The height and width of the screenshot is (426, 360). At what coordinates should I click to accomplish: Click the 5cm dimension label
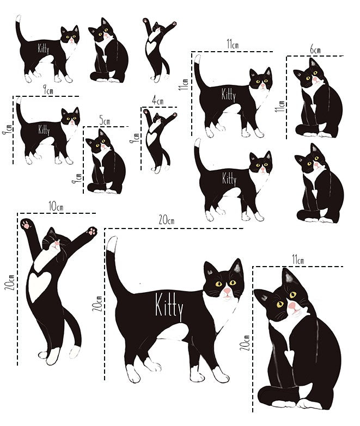[105, 120]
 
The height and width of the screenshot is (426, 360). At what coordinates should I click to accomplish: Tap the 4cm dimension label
[158, 101]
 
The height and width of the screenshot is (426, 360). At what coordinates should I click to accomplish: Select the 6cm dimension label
[315, 50]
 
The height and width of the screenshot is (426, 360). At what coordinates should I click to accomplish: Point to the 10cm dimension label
[56, 206]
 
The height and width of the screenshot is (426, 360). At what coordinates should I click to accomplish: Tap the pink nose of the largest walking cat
[227, 292]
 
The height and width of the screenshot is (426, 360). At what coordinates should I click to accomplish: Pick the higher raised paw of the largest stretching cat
[27, 224]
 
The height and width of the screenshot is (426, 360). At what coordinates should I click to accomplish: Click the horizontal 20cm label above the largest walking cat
[167, 220]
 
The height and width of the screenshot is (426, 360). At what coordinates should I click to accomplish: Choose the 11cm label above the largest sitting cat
[298, 260]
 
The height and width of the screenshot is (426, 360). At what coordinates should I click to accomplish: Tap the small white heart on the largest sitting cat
[288, 355]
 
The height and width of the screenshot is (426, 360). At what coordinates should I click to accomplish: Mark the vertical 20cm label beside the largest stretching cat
[9, 282]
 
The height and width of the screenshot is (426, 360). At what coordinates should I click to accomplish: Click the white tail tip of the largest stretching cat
[76, 351]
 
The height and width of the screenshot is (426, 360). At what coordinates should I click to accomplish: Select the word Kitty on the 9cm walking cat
[44, 129]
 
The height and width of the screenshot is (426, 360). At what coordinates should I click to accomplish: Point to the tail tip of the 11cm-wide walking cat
[198, 59]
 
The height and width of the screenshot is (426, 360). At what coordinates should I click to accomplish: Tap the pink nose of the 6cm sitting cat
[315, 79]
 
